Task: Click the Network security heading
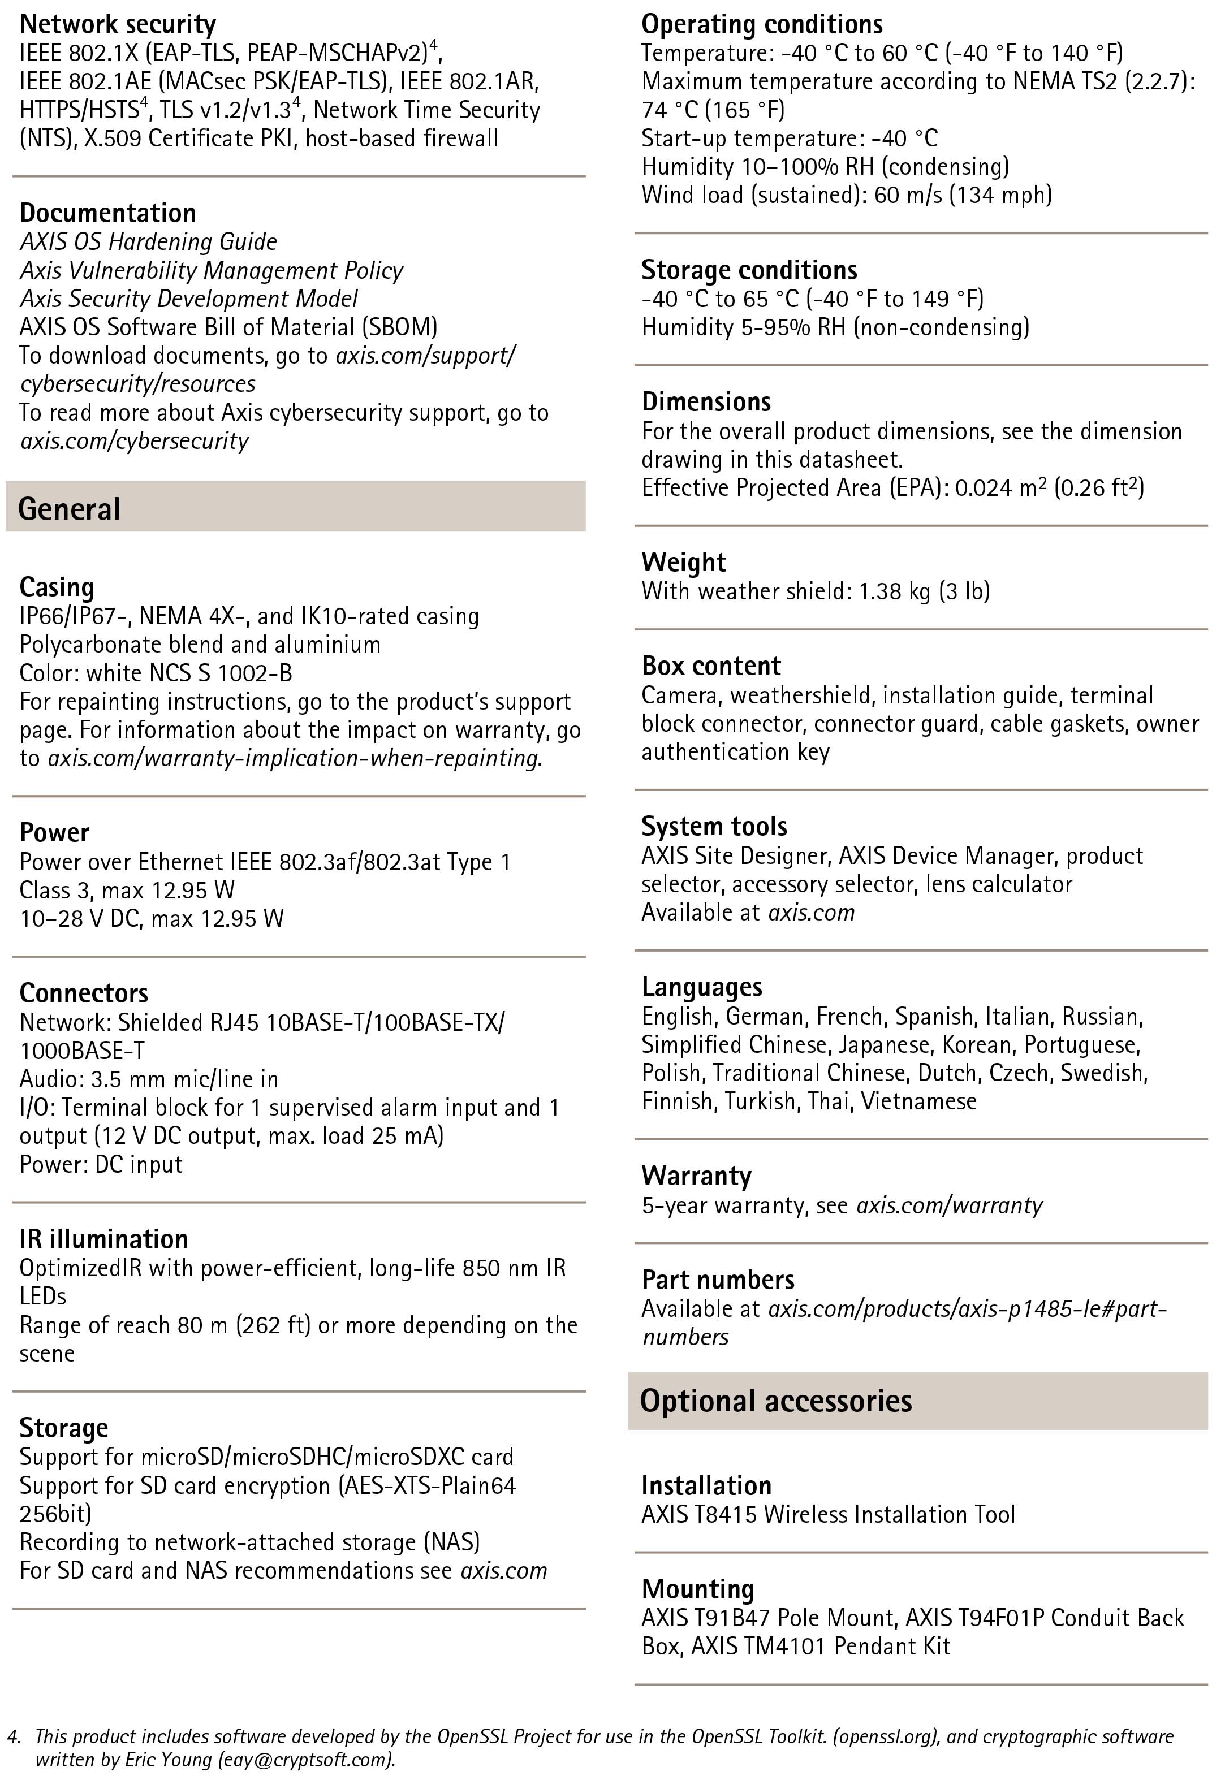(118, 24)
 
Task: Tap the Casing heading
(57, 587)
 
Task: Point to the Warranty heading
(696, 1176)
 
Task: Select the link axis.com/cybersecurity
(135, 441)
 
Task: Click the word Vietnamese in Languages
(918, 1101)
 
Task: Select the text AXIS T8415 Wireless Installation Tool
(828, 1514)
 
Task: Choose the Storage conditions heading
(749, 270)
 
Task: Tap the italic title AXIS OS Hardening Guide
(148, 241)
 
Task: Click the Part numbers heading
(718, 1280)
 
